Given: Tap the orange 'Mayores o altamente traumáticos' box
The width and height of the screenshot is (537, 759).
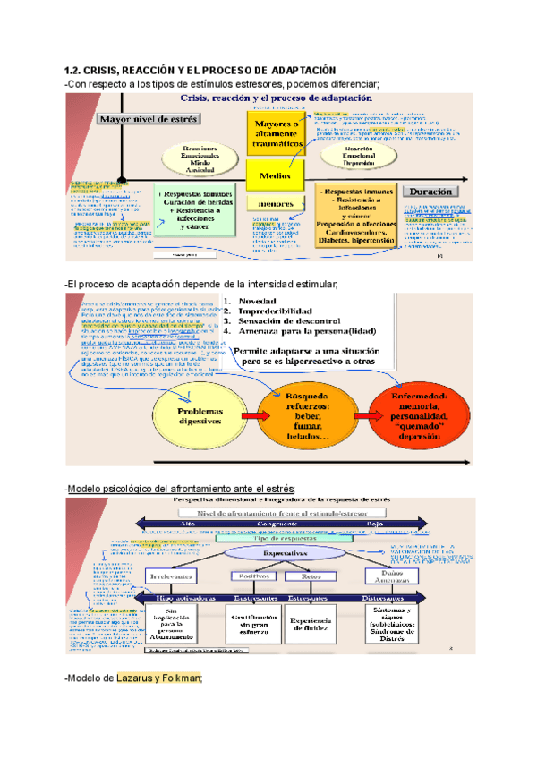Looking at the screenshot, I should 275,132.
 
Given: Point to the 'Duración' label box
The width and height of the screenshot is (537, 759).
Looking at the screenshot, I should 430,191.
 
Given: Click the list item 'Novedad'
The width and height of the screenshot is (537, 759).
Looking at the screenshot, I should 257,300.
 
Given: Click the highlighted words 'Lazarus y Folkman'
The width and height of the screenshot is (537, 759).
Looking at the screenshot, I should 158,678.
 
